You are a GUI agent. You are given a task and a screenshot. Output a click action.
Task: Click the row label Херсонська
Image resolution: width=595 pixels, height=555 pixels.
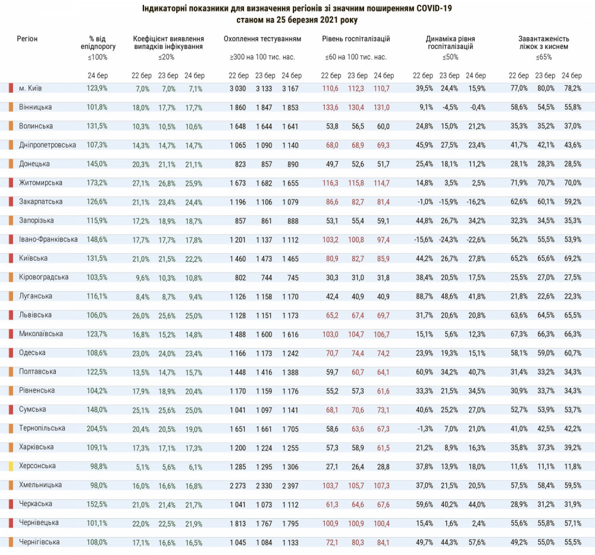pos(37,466)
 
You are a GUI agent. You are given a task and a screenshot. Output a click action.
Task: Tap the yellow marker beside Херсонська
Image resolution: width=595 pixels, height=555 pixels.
pos(11,466)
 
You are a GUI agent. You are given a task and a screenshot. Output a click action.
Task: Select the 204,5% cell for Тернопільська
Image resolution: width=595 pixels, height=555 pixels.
pos(98,428)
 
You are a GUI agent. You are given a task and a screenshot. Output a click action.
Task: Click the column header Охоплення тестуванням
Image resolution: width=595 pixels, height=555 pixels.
pos(262,39)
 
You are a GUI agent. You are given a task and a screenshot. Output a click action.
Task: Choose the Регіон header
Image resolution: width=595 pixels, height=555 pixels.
pos(27,39)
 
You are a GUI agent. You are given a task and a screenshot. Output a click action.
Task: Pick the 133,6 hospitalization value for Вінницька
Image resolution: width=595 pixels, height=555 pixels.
pos(330,107)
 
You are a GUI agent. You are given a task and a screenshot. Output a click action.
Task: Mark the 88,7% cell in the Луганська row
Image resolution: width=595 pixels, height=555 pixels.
pos(424,296)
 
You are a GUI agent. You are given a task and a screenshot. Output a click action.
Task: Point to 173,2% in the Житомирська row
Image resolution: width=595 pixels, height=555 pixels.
pos(98,183)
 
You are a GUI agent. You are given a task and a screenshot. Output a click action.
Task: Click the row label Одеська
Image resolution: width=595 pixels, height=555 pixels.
pos(33,353)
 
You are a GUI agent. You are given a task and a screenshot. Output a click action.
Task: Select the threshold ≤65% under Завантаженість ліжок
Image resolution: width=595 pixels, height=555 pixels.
pos(543,58)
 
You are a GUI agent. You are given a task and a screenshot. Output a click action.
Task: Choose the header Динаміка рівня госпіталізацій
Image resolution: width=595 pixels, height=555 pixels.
pos(450,42)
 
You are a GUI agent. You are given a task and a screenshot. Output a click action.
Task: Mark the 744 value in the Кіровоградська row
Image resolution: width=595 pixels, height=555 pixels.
pos(265,277)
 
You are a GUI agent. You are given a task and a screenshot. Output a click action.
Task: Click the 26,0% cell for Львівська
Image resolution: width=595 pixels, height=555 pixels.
pos(140,315)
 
